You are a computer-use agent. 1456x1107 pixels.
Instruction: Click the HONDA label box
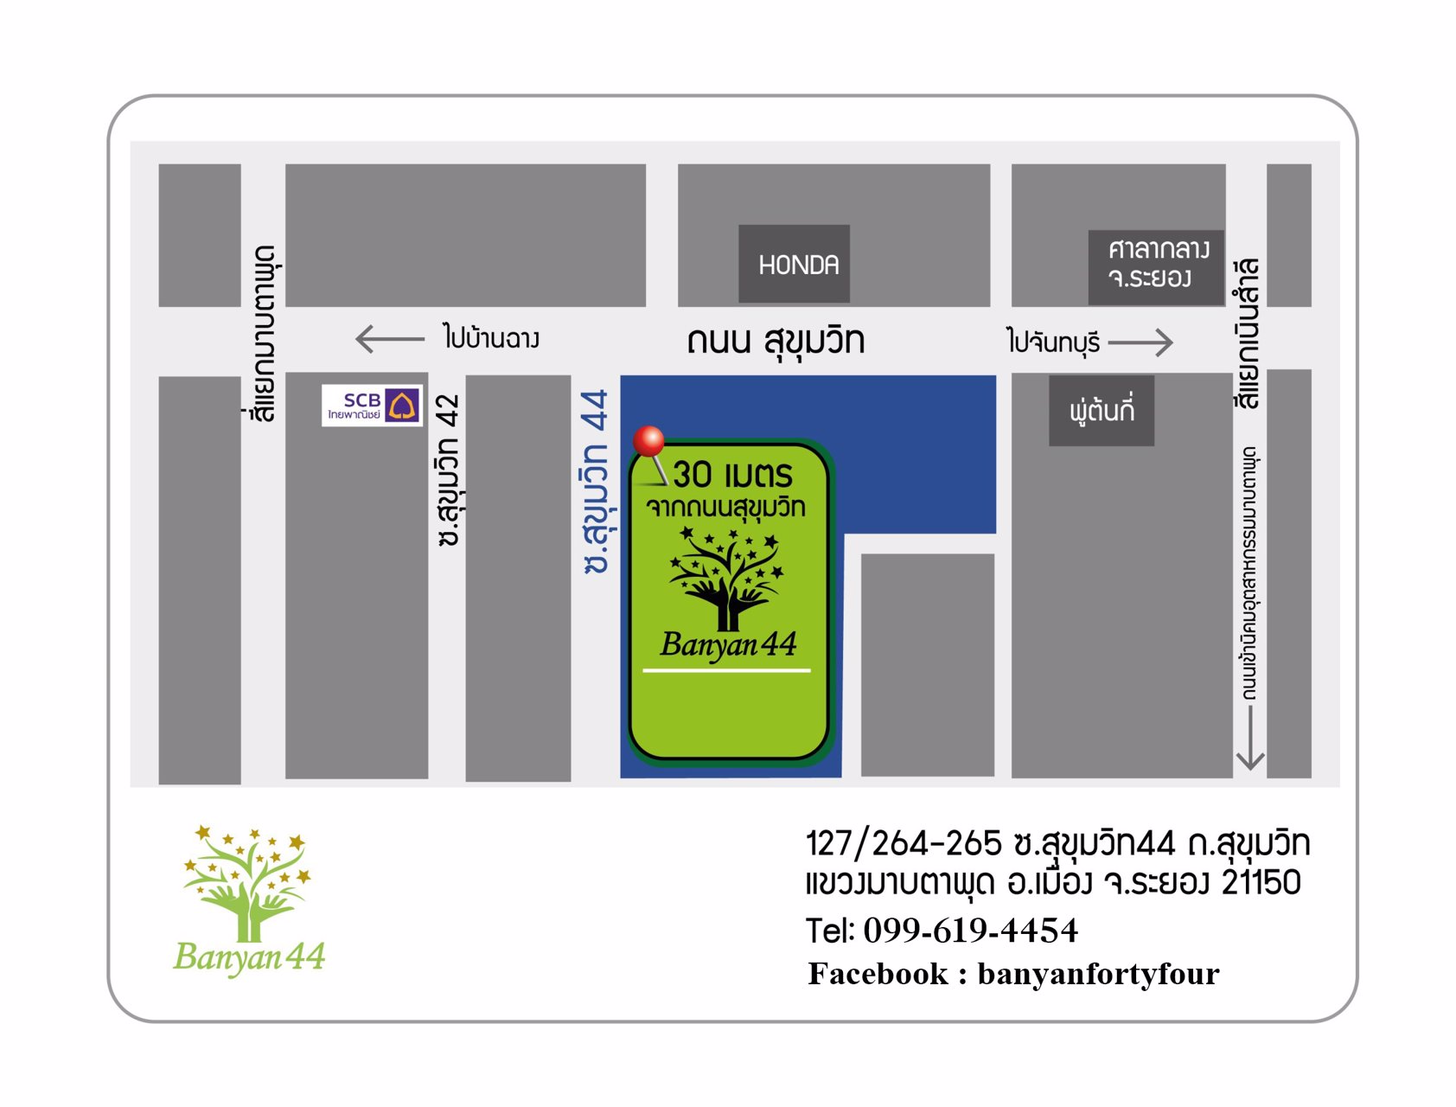pyautogui.click(x=794, y=264)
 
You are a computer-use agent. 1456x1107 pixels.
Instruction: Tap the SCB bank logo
pyautogui.click(x=372, y=406)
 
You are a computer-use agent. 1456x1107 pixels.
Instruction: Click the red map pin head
pyautogui.click(x=648, y=440)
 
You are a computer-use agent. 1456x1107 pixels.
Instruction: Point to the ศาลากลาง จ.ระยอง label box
pyautogui.click(x=1155, y=266)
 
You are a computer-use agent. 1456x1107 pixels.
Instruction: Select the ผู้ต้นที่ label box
pyautogui.click(x=1101, y=411)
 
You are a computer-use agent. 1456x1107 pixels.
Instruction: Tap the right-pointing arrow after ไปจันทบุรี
pyautogui.click(x=1140, y=342)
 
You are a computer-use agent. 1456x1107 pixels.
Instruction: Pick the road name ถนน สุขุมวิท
pyautogui.click(x=776, y=341)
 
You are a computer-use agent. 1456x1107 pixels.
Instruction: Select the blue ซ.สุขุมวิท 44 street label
pyautogui.click(x=596, y=481)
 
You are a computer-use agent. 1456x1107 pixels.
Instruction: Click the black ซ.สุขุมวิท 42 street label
pyautogui.click(x=448, y=470)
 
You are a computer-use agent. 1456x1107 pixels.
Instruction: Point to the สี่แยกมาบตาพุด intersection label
pyautogui.click(x=265, y=333)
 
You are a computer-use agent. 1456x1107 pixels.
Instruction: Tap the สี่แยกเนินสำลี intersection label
pyautogui.click(x=1247, y=333)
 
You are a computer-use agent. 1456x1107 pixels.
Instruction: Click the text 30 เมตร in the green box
pyautogui.click(x=732, y=475)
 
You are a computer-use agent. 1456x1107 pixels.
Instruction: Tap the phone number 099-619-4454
pyautogui.click(x=970, y=931)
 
